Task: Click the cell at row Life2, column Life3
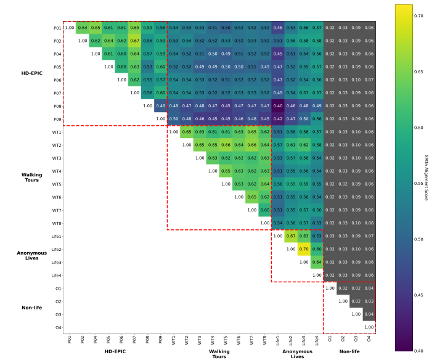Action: pyautogui.click(x=304, y=249)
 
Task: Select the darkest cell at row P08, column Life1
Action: pyautogui.click(x=278, y=106)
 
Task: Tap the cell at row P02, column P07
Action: pyautogui.click(x=135, y=41)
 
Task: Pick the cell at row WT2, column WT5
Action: pyautogui.click(x=226, y=145)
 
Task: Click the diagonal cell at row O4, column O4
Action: pyautogui.click(x=369, y=327)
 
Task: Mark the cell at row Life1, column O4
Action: pyautogui.click(x=369, y=236)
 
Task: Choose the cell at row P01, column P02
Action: pyautogui.click(x=83, y=28)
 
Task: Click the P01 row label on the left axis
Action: pyautogui.click(x=57, y=28)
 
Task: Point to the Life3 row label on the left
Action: pyautogui.click(x=56, y=262)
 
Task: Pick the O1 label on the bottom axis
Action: pyautogui.click(x=330, y=339)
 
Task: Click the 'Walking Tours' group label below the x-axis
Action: pyautogui.click(x=219, y=354)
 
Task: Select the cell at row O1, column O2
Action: pyautogui.click(x=343, y=288)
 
